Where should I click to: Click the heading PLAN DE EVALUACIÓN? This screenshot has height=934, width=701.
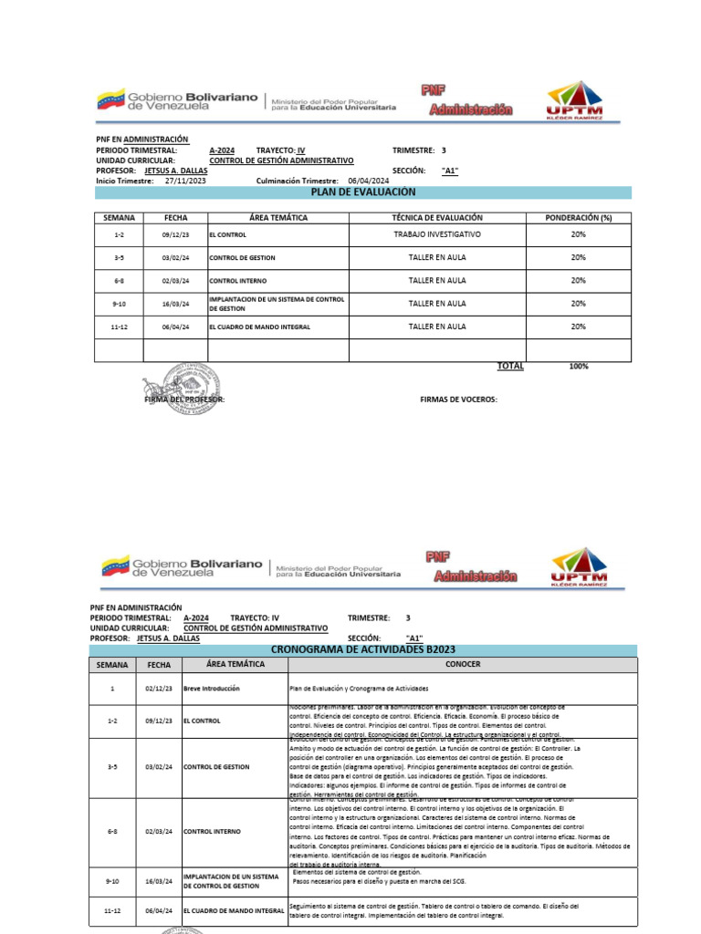coord(363,192)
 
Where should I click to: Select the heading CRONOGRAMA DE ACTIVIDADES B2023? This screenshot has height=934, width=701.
coord(361,649)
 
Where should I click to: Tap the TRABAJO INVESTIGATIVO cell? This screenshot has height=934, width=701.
coord(437,234)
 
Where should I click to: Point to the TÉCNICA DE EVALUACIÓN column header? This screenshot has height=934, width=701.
coord(437,218)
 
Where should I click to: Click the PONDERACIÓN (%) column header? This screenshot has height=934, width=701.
coord(578,218)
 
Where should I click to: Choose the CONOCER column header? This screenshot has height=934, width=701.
coord(463,664)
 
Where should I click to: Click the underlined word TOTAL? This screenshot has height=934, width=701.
coord(510,366)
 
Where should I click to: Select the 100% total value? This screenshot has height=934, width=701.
coord(578,366)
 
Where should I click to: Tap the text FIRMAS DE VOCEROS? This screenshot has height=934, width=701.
coord(458,400)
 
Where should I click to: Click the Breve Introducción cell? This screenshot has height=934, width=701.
coord(212,689)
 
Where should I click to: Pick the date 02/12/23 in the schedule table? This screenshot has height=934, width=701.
coord(159,689)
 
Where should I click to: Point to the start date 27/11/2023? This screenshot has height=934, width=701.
coord(185,182)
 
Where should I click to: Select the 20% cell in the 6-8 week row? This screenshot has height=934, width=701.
coord(578,281)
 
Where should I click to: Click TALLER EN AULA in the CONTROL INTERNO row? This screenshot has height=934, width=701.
coord(437,281)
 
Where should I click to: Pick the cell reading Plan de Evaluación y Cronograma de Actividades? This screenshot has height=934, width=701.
coord(359,689)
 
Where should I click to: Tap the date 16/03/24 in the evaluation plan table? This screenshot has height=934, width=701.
coord(175,304)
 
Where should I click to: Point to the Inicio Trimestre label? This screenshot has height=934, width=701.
coord(125,182)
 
